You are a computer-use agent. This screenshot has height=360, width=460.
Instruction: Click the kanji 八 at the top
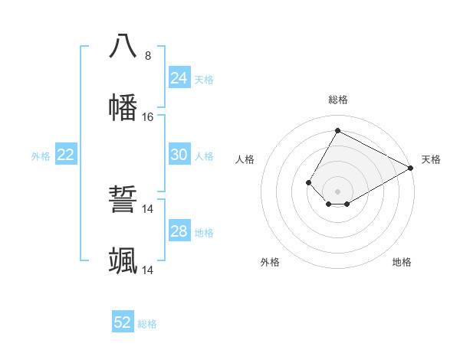point(123,46)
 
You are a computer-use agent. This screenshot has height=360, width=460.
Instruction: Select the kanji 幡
point(123,107)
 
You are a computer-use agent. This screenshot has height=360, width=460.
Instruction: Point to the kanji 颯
point(123,261)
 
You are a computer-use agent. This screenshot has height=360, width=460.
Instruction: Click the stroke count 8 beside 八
point(148,55)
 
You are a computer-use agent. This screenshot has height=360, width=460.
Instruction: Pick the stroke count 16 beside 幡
point(148,117)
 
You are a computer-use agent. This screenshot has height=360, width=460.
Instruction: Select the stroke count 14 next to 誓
point(148,209)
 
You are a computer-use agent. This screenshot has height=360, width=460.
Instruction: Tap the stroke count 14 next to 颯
point(148,270)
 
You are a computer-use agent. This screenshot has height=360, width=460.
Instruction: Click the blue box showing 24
point(179,78)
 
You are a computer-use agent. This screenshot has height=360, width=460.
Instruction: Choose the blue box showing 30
point(179,155)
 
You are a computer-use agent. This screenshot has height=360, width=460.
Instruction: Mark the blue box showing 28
point(179,231)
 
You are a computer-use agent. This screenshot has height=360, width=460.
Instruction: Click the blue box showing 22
point(66,155)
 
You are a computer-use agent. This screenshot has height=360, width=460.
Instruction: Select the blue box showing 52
point(123,322)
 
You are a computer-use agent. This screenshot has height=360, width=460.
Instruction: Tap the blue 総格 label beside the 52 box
point(147,324)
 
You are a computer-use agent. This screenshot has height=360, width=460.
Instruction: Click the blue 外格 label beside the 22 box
point(41,156)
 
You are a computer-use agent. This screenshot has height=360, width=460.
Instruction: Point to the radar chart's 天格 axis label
point(431,159)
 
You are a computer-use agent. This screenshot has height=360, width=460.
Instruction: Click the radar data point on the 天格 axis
point(411,168)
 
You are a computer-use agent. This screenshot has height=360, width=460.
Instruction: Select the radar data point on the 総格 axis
point(337,130)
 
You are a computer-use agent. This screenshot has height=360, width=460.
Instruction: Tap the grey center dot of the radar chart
point(337,191)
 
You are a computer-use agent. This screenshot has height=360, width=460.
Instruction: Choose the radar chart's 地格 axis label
point(402,262)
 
